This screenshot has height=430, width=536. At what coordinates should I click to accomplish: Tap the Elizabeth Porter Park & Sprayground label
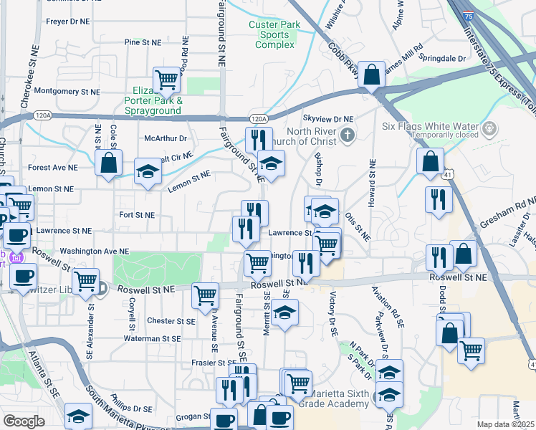(153, 101)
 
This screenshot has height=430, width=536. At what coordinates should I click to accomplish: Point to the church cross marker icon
(347, 135)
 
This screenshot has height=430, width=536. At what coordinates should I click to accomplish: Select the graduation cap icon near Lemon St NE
(148, 172)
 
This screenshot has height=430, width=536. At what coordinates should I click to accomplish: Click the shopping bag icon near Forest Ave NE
(108, 163)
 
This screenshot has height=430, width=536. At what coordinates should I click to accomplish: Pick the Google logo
(24, 421)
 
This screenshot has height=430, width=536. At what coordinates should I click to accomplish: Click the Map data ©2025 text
(506, 424)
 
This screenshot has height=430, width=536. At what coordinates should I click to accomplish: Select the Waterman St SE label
(151, 338)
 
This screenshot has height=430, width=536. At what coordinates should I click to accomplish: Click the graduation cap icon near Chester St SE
(285, 313)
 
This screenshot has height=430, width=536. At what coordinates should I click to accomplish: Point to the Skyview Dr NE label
(329, 118)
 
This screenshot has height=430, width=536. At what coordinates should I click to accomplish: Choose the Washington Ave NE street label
(94, 252)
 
